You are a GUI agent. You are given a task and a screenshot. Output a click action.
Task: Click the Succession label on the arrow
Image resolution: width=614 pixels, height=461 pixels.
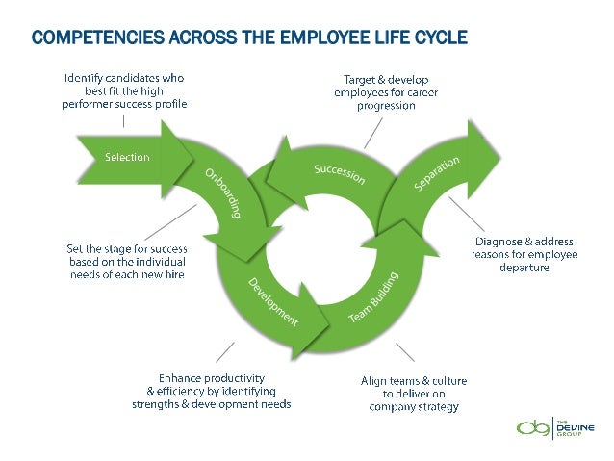click(338, 174)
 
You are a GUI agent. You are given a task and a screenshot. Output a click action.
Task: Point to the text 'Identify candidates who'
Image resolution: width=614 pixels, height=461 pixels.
click(125, 76)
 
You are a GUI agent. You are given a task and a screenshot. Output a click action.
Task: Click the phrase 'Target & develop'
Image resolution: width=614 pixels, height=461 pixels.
click(380, 77)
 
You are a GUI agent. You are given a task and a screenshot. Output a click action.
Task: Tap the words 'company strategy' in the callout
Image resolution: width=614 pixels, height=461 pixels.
click(414, 406)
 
